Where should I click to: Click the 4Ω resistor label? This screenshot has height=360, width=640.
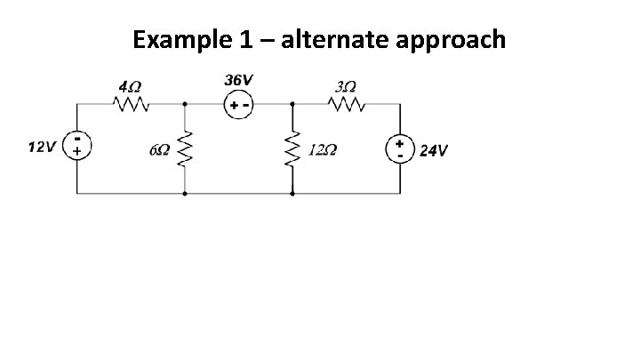(x=130, y=87)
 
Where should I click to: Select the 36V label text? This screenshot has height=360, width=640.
(x=236, y=80)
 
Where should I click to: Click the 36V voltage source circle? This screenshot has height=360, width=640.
(x=238, y=104)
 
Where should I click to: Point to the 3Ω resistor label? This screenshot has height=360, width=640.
(x=345, y=87)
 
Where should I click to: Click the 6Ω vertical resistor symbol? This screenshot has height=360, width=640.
(x=185, y=148)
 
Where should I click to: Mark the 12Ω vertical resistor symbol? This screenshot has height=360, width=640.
(x=292, y=148)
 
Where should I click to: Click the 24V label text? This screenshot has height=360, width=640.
(x=433, y=150)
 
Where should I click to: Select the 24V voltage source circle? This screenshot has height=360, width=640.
(x=399, y=148)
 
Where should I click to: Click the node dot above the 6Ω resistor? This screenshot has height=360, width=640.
(x=185, y=103)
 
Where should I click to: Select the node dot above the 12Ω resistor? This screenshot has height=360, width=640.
(x=292, y=103)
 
